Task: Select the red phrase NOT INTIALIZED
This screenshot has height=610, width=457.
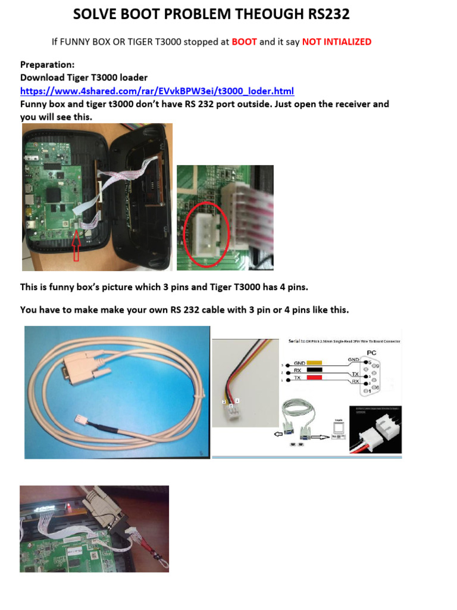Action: point(336,42)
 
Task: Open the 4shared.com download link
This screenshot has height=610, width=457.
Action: point(157,91)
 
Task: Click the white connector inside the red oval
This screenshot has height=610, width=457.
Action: point(205,227)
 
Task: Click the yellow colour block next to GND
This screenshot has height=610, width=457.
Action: point(314,362)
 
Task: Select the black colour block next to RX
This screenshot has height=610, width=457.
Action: point(314,369)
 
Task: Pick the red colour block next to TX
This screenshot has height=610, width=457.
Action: point(314,378)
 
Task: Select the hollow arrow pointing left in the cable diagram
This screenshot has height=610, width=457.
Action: point(277,435)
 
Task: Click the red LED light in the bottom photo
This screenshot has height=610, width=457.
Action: point(70,507)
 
